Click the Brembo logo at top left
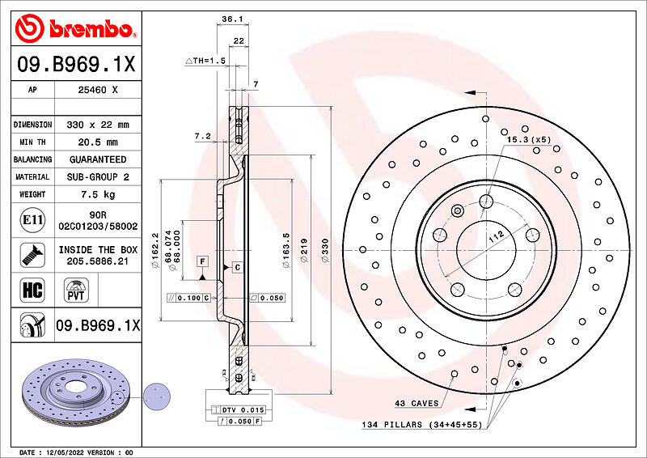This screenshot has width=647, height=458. point(75,28)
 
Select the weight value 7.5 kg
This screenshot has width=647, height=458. point(98,194)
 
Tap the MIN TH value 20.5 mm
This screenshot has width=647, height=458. point(98,142)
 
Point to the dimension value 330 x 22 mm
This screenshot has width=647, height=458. point(98,125)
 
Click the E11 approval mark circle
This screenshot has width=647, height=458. point(32,220)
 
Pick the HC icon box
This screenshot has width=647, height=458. point(32,290)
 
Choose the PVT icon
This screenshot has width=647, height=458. point(76,290)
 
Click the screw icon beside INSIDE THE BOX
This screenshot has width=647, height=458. point(32,255)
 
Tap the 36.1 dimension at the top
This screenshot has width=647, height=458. point(232,19)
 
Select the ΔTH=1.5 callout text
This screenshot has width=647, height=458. point(205,61)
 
